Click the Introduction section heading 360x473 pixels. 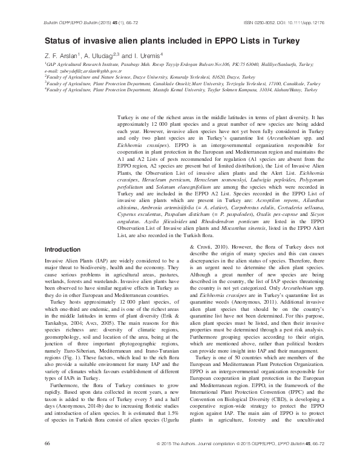[66, 266]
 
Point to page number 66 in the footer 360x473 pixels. [48, 460]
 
